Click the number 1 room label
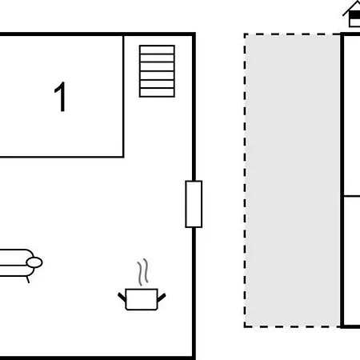(x=60, y=97)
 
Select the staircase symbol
(x=157, y=71)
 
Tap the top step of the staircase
(x=157, y=50)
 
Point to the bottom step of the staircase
(x=157, y=93)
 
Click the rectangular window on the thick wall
(x=194, y=204)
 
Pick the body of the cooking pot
(x=142, y=299)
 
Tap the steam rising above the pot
(x=142, y=272)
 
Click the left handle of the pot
(x=122, y=297)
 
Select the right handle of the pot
(x=162, y=298)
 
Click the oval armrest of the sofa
(x=34, y=262)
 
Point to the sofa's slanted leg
(x=27, y=279)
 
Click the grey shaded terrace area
(x=293, y=180)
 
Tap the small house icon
(x=352, y=14)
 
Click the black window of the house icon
(x=355, y=16)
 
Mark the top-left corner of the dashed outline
(x=245, y=34)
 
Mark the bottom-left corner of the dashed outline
(x=245, y=326)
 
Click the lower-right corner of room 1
(x=123, y=157)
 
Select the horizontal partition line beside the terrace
(x=352, y=196)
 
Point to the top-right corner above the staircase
(x=194, y=34)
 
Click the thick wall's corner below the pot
(x=194, y=358)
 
